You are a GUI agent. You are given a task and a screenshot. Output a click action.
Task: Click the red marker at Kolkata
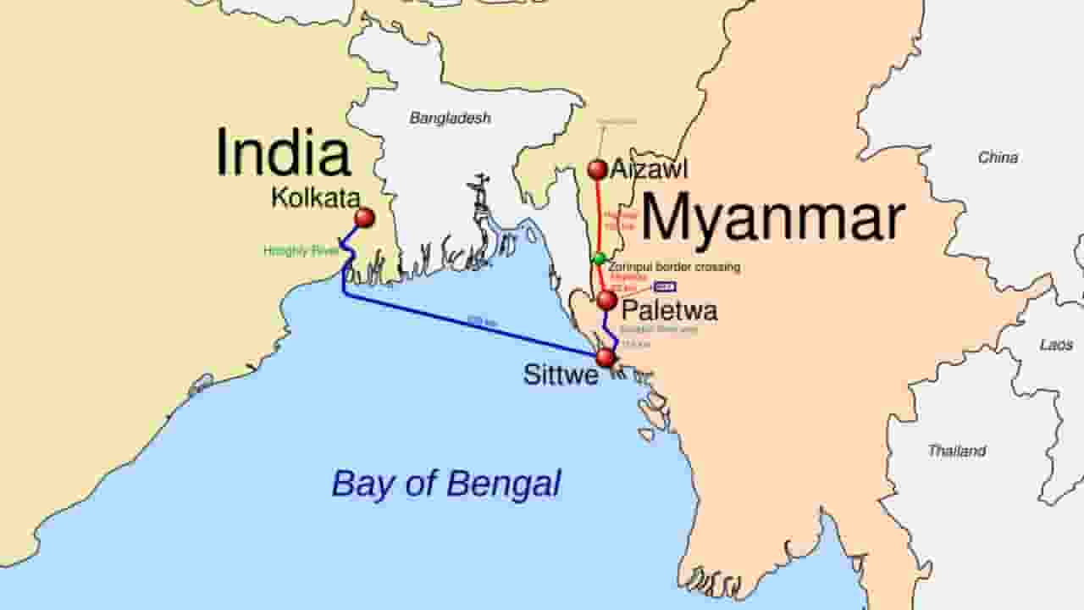click(x=364, y=218)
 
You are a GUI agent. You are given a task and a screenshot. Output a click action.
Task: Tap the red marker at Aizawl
click(x=598, y=170)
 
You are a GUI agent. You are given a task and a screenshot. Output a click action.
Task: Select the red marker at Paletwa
click(x=606, y=301)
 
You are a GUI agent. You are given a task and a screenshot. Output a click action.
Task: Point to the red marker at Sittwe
click(x=606, y=358)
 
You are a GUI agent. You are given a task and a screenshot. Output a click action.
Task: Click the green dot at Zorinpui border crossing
click(x=600, y=258)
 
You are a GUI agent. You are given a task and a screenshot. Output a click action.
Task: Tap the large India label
click(x=283, y=153)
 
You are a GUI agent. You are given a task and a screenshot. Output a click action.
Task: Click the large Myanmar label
click(x=772, y=219)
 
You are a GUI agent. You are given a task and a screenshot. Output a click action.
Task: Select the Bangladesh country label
click(x=450, y=119)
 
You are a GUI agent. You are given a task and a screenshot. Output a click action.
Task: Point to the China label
click(x=998, y=158)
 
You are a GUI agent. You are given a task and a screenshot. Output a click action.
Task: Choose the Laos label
click(x=1056, y=345)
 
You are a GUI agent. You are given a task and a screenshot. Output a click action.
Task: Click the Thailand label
click(x=956, y=451)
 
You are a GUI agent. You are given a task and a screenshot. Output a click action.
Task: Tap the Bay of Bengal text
click(x=445, y=484)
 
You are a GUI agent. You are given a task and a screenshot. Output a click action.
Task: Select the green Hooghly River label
click(x=301, y=251)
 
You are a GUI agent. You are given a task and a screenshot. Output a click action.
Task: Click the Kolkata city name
click(x=315, y=198)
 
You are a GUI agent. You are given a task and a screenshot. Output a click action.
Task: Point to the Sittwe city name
click(x=561, y=374)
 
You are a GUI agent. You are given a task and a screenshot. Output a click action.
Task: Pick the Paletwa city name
click(x=669, y=311)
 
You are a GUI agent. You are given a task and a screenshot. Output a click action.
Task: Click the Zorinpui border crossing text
click(x=674, y=267)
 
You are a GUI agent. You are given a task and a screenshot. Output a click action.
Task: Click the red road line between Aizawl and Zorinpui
click(x=600, y=216)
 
